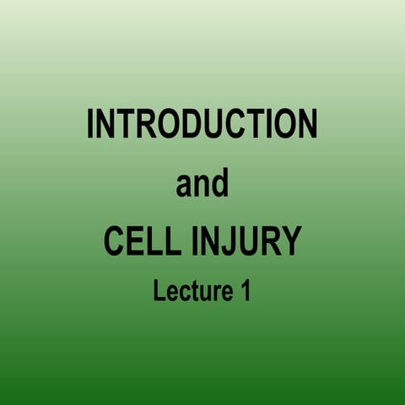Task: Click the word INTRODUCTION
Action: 202,125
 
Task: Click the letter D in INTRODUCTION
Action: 187,125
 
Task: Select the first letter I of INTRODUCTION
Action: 91,125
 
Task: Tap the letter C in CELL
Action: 115,241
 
